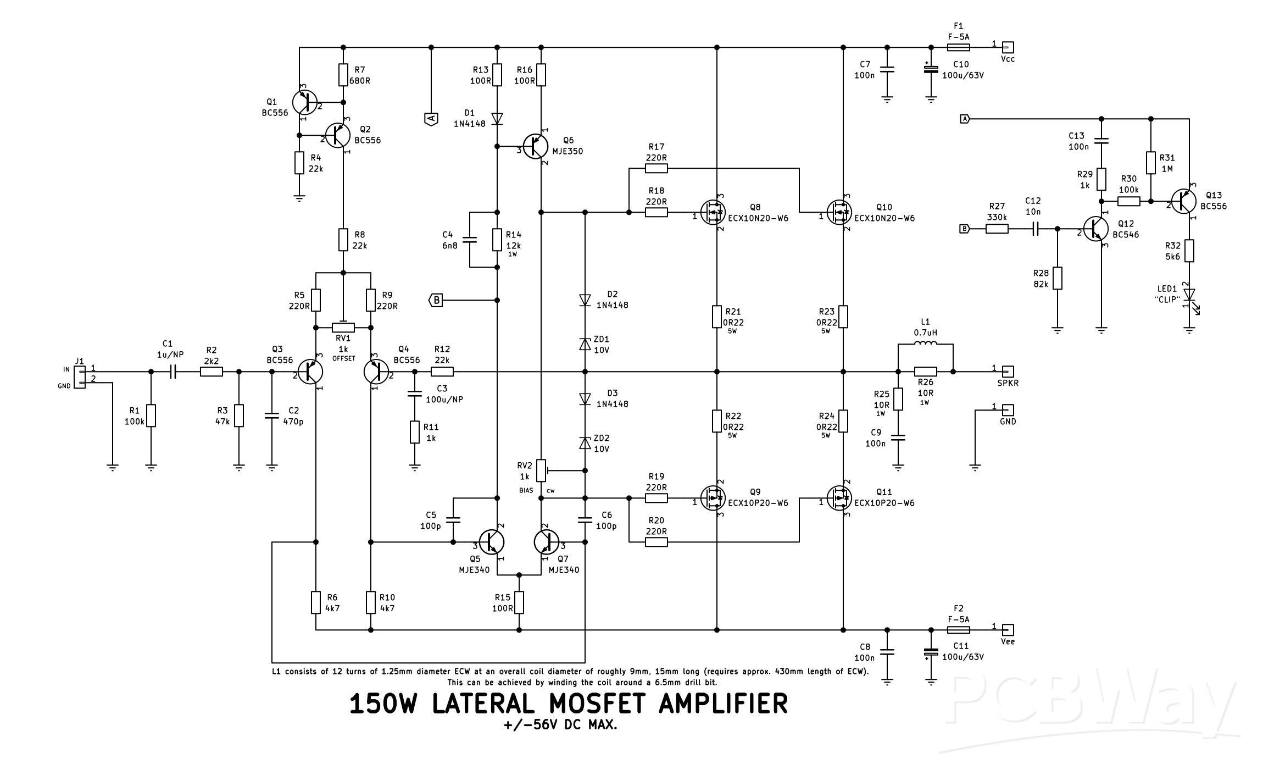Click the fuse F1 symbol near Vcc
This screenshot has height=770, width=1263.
tap(958, 47)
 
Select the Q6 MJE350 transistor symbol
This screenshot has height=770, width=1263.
tap(535, 146)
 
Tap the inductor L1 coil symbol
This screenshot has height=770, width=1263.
tap(925, 345)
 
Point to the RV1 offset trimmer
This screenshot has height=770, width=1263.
tap(343, 328)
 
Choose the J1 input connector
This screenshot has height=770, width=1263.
tap(80, 377)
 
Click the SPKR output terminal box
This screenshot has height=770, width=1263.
tap(1008, 372)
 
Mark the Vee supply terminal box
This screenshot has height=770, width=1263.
tap(1008, 630)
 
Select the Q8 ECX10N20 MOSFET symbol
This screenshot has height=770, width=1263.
tap(713, 212)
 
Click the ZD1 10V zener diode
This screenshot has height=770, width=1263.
tap(585, 344)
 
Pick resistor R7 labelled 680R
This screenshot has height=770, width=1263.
tap(343, 75)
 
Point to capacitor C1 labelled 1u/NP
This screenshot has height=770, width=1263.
tap(173, 372)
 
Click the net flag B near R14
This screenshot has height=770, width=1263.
tap(436, 300)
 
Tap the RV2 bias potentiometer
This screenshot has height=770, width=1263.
tap(541, 470)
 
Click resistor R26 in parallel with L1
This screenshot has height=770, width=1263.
tap(925, 372)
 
